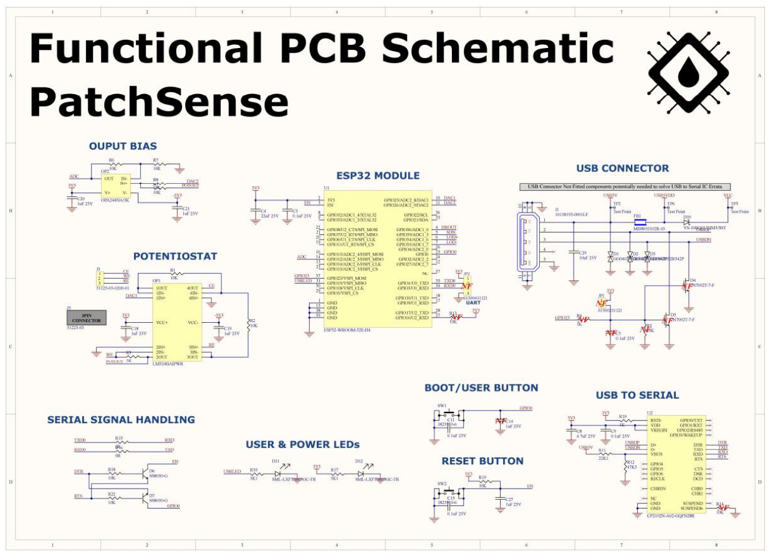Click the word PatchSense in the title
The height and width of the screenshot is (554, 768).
[160, 102]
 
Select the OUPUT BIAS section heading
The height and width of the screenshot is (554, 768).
[123, 146]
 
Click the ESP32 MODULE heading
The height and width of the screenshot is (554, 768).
[378, 176]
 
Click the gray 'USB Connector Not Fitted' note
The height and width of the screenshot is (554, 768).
[625, 186]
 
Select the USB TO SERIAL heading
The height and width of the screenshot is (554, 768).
[637, 395]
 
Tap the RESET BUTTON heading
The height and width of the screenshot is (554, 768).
[482, 461]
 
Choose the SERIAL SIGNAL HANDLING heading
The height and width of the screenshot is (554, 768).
[121, 419]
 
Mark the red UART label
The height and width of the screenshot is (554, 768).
[474, 302]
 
